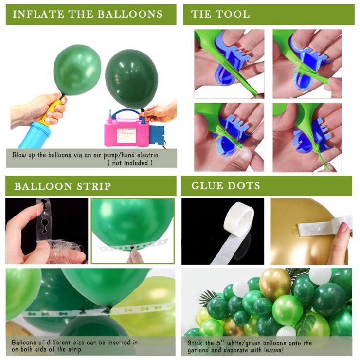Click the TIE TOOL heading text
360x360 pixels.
220,14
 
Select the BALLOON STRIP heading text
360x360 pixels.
62,186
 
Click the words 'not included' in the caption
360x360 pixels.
130,163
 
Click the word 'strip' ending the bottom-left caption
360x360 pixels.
74,349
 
